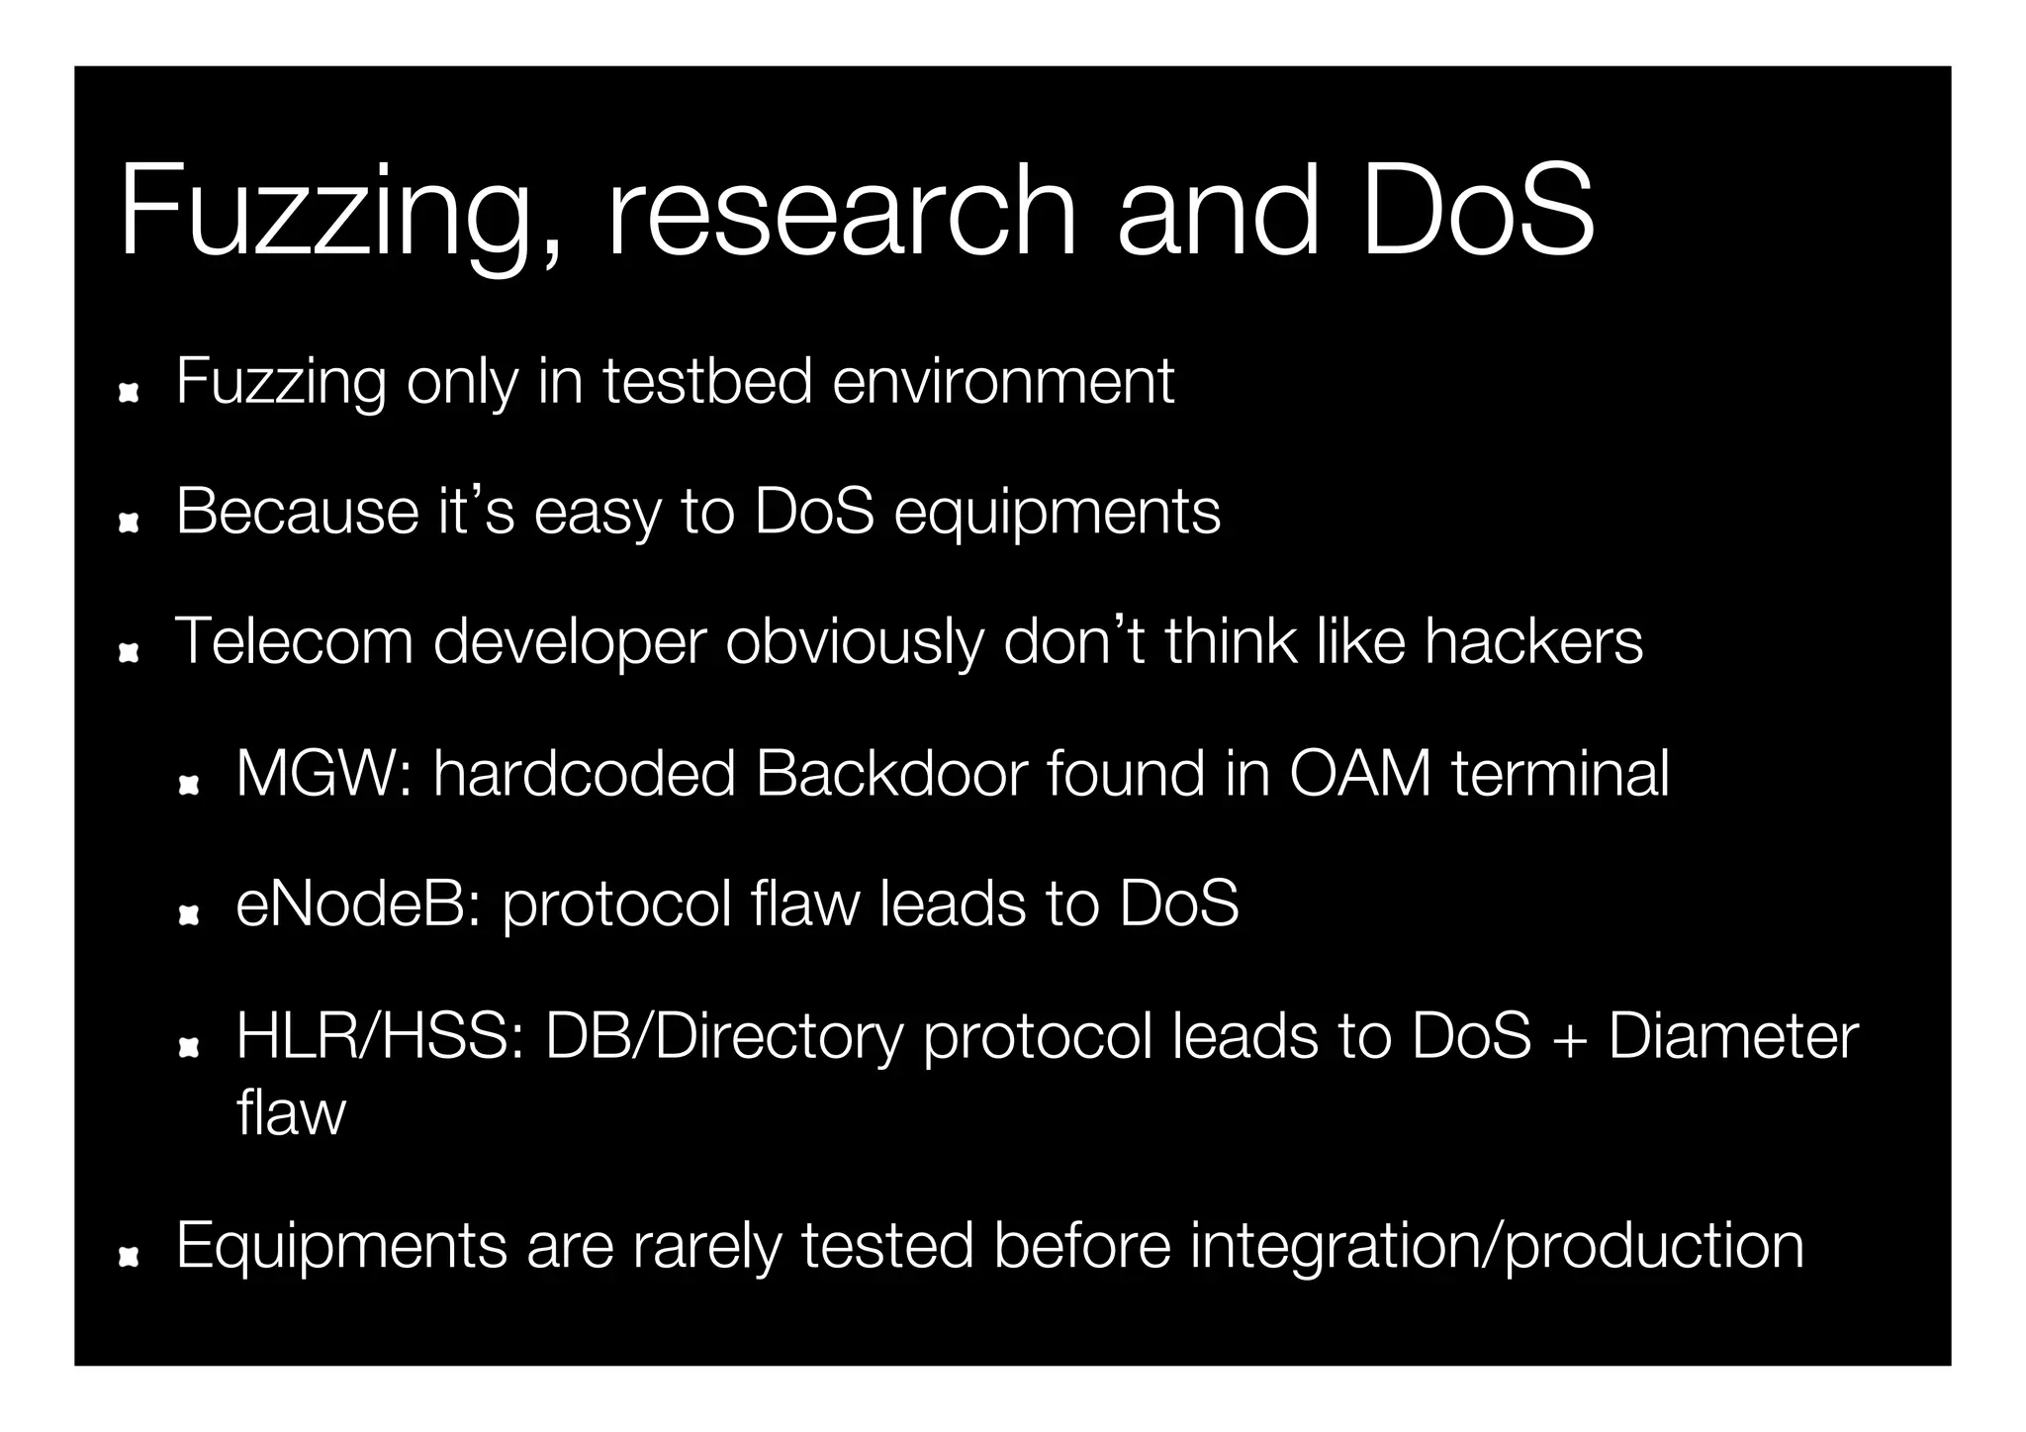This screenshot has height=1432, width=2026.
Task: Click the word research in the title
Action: click(841, 213)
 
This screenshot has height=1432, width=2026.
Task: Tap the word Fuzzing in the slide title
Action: click(326, 213)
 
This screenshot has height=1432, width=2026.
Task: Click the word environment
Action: click(1003, 381)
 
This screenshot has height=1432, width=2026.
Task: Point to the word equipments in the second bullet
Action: click(1058, 513)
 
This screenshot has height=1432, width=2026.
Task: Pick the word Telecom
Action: click(294, 641)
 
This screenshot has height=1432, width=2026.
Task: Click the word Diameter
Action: click(1733, 1037)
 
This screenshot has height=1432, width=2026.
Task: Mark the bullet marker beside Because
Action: click(128, 524)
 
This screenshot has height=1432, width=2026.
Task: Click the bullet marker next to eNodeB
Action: click(188, 916)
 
